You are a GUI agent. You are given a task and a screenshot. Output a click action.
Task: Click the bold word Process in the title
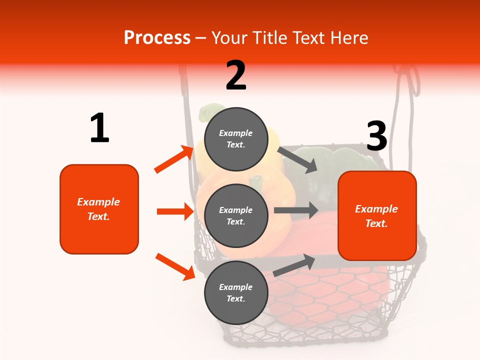157,38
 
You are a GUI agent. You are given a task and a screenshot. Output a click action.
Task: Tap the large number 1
99,128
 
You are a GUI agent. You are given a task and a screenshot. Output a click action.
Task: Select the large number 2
236,75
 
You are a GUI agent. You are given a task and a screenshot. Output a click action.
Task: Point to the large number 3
376,136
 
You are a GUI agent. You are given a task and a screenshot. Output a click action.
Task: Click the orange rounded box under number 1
99,209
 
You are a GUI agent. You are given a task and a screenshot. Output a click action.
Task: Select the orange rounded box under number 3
377,215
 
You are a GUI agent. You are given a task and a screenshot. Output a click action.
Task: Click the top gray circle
236,139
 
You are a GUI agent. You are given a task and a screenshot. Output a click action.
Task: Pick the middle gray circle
236,215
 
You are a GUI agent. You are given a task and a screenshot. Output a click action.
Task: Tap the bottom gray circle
236,292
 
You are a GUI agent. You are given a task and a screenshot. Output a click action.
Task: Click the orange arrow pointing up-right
174,159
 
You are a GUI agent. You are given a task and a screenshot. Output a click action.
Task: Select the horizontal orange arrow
175,211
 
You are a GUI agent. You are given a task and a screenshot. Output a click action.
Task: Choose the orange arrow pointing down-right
175,266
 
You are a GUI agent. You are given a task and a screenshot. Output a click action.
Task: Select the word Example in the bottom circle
235,287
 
